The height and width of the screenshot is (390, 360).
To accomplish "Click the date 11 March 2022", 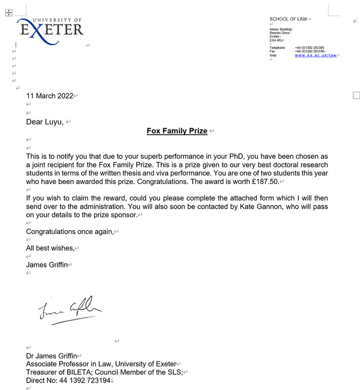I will click(50, 96).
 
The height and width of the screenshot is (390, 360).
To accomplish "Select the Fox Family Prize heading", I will click(177, 131).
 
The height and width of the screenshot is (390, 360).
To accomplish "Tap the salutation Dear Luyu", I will click(45, 122).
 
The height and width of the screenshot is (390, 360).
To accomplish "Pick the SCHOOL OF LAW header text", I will click(288, 19).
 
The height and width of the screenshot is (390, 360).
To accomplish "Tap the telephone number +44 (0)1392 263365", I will click(309, 48).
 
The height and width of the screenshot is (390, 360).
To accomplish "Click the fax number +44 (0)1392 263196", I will click(309, 51).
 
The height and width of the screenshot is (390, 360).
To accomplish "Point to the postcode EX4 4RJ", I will click(276, 40).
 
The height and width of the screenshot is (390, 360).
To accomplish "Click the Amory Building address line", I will click(280, 29).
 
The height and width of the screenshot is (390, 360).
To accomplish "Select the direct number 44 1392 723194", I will click(85, 380).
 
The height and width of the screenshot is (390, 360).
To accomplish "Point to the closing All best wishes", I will click(50, 248).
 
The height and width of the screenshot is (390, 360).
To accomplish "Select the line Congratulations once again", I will click(70, 231).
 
